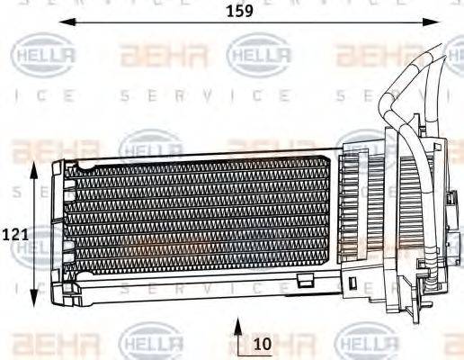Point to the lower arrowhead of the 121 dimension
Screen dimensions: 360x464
tap(35, 301)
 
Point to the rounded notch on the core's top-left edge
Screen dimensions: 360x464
tap(85, 165)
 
